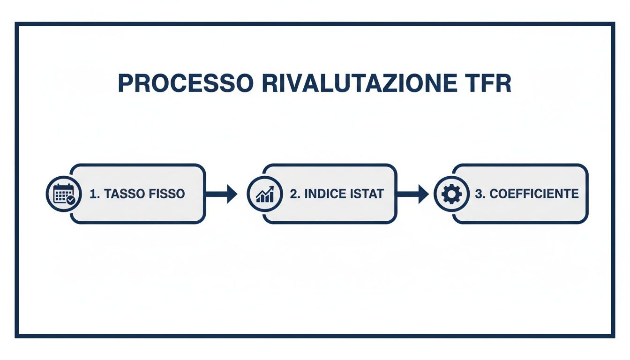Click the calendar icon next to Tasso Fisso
(x=63, y=194)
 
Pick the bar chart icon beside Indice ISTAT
(x=265, y=194)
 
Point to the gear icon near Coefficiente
(x=451, y=194)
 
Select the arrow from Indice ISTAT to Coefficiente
(x=413, y=194)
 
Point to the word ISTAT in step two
(x=367, y=194)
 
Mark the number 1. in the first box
(x=94, y=194)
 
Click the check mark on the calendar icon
(x=70, y=200)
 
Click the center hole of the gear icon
(x=451, y=194)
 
